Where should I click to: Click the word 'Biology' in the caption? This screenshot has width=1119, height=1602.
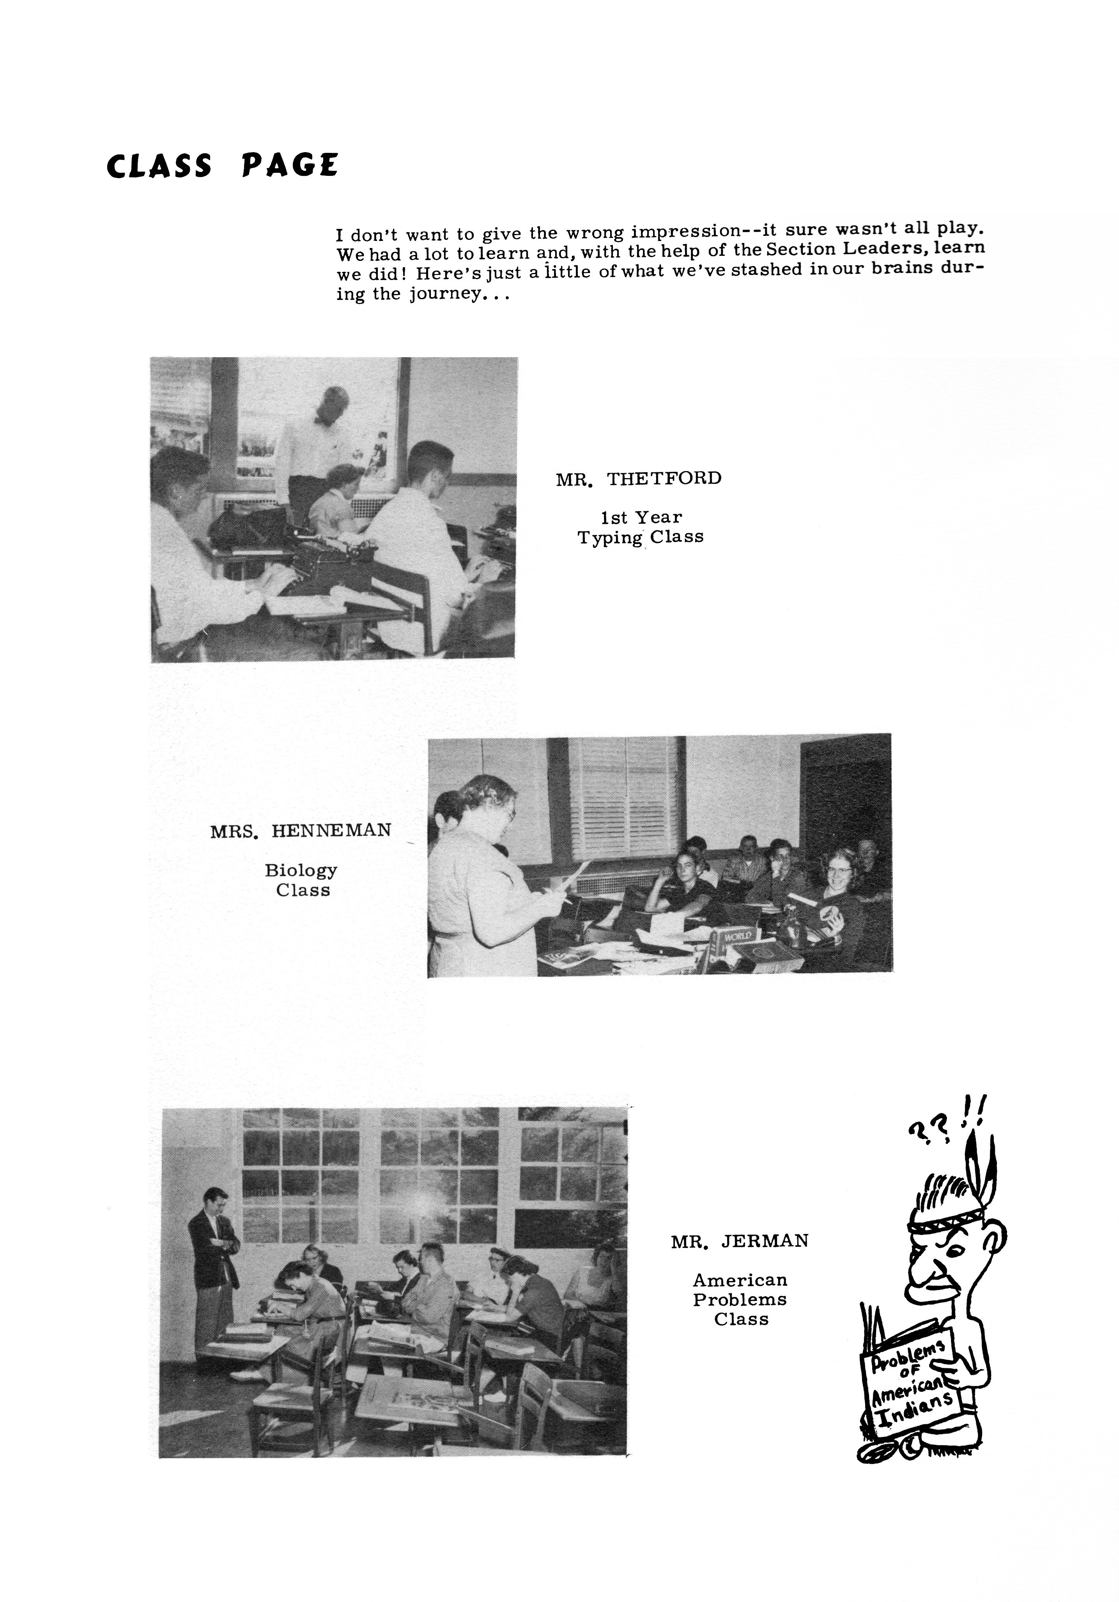click(x=301, y=870)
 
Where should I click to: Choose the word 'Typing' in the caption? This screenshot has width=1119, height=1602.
click(x=610, y=537)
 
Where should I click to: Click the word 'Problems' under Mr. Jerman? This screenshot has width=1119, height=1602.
click(x=740, y=1299)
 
